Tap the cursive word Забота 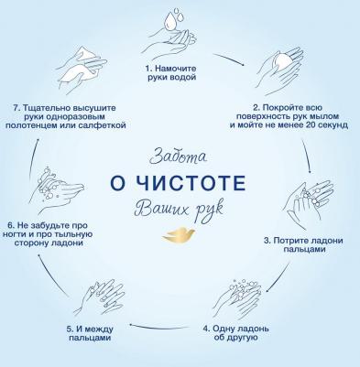pos(179,156)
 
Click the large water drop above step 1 pos(169,22)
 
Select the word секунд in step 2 pos(333,125)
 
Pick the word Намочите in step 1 pos(175,69)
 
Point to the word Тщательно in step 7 pos(47,108)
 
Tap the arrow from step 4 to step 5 pos(158,328)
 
